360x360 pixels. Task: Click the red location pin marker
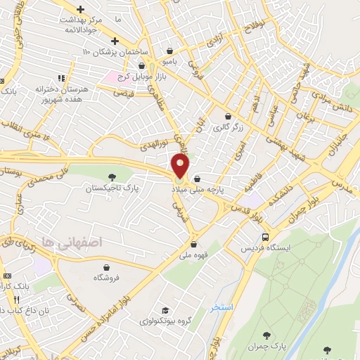(x=181, y=166)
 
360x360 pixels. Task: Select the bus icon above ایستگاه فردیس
(x=264, y=237)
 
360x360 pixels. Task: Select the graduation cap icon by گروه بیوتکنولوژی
(x=164, y=311)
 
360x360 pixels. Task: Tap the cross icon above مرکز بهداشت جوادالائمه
(x=81, y=9)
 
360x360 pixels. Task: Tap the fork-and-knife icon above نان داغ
(x=27, y=299)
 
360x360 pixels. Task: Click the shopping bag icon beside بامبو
(x=171, y=51)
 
